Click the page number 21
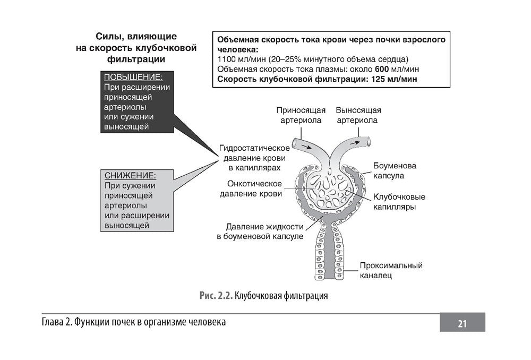(x=462, y=323)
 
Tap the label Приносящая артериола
(x=301, y=115)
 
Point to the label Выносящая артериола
(x=358, y=115)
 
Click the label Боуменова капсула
(x=395, y=170)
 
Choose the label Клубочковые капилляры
(x=399, y=202)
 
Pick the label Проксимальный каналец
(x=391, y=270)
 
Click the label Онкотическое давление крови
(x=251, y=188)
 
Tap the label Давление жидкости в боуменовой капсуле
(x=260, y=231)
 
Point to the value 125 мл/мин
(x=392, y=79)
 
